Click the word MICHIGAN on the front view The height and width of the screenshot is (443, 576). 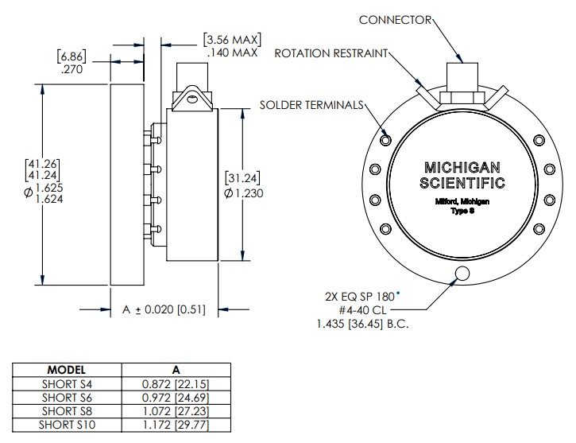pos(462,168)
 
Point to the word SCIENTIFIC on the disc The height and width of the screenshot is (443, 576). pos(462,184)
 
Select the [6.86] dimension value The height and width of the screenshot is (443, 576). pos(72,56)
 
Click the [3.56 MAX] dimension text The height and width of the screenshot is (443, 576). pos(233,39)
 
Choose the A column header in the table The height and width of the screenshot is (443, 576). pos(176,370)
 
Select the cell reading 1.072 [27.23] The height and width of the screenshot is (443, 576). pos(176,411)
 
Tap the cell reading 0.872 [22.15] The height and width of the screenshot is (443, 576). pos(176,383)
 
